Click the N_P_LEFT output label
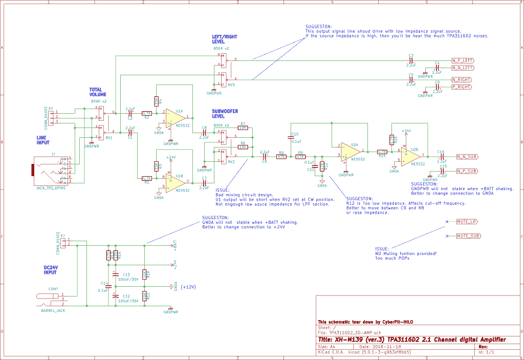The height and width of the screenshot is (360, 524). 463,60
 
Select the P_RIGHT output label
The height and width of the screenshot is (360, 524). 461,87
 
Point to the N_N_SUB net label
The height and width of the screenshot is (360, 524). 467,156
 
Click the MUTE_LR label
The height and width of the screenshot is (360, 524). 467,222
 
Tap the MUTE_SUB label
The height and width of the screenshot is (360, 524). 468,236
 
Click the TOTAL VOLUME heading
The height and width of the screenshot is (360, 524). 98,92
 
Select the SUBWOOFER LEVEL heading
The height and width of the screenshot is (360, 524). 226,114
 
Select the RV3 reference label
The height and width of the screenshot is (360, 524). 231,85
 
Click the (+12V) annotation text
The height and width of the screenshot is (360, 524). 189,287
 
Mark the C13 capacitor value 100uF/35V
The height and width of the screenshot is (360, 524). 128,280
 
